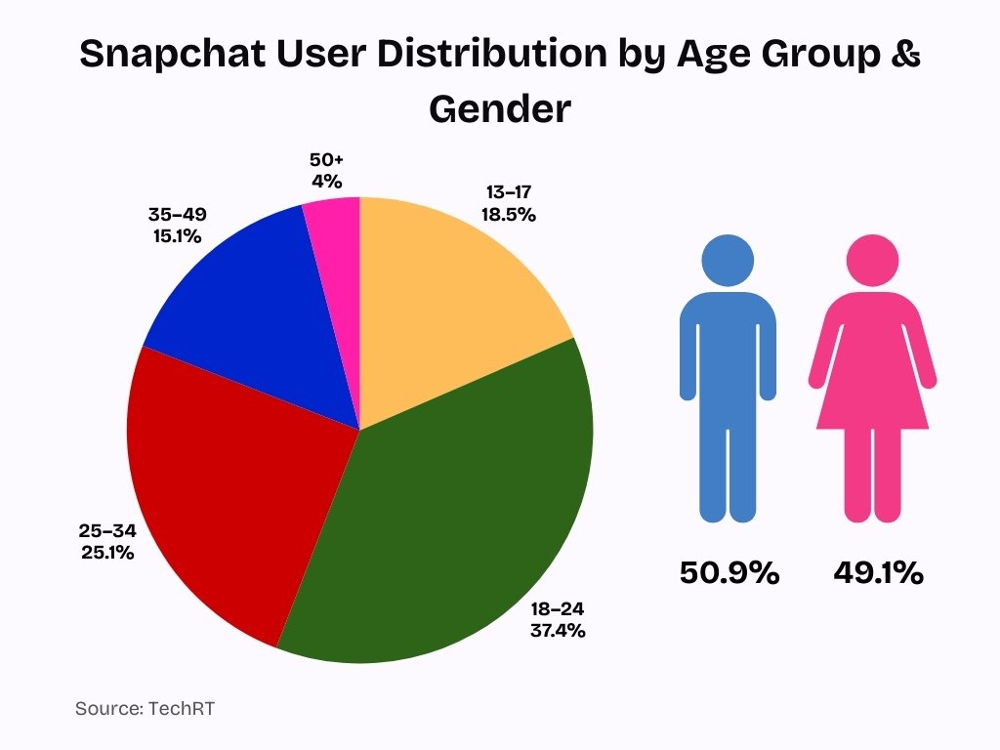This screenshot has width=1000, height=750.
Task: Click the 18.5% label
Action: [508, 214]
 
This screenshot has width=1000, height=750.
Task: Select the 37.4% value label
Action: [558, 630]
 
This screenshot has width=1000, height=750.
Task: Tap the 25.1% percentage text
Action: [107, 552]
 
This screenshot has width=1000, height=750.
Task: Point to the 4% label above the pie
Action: [327, 181]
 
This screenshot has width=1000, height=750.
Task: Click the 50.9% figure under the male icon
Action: [729, 573]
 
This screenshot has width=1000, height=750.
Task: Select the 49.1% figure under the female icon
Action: [878, 573]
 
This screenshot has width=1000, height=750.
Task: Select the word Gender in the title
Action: [499, 108]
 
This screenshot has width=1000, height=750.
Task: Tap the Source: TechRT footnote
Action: [145, 708]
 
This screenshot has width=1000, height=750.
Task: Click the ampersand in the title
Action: [906, 55]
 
